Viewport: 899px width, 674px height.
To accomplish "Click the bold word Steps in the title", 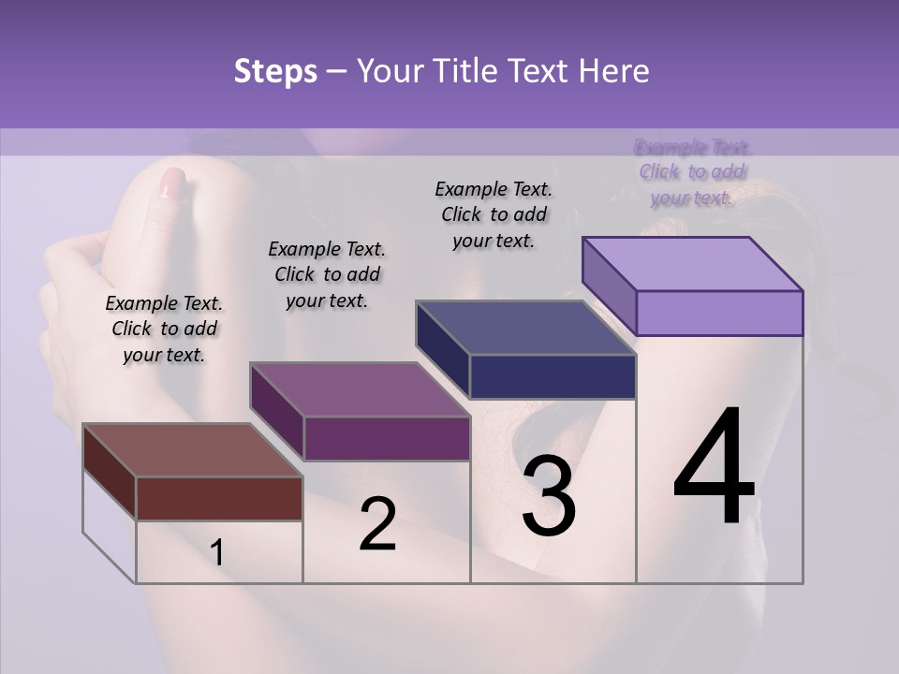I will [x=275, y=71].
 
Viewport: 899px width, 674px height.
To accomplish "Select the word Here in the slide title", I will [x=612, y=71].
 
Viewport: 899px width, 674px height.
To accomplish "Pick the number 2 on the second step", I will [x=377, y=524].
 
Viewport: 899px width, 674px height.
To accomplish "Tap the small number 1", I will [x=216, y=553].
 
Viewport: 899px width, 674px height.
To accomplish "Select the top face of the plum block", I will [x=359, y=388].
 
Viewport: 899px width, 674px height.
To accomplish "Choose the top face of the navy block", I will [x=524, y=328].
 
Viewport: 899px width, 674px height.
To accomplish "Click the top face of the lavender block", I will [x=691, y=263].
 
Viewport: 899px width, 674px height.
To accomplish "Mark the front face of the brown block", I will [x=219, y=498].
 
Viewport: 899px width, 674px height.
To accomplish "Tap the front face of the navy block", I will [x=553, y=377].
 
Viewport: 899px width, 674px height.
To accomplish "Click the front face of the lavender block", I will [x=719, y=313].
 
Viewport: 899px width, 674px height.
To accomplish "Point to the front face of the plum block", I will [x=386, y=438].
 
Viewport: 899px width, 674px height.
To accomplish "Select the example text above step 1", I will [x=164, y=329].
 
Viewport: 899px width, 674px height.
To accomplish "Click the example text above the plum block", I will [x=327, y=274].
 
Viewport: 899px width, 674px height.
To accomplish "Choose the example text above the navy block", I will [x=494, y=214].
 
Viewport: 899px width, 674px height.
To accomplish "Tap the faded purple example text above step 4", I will [x=692, y=172].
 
